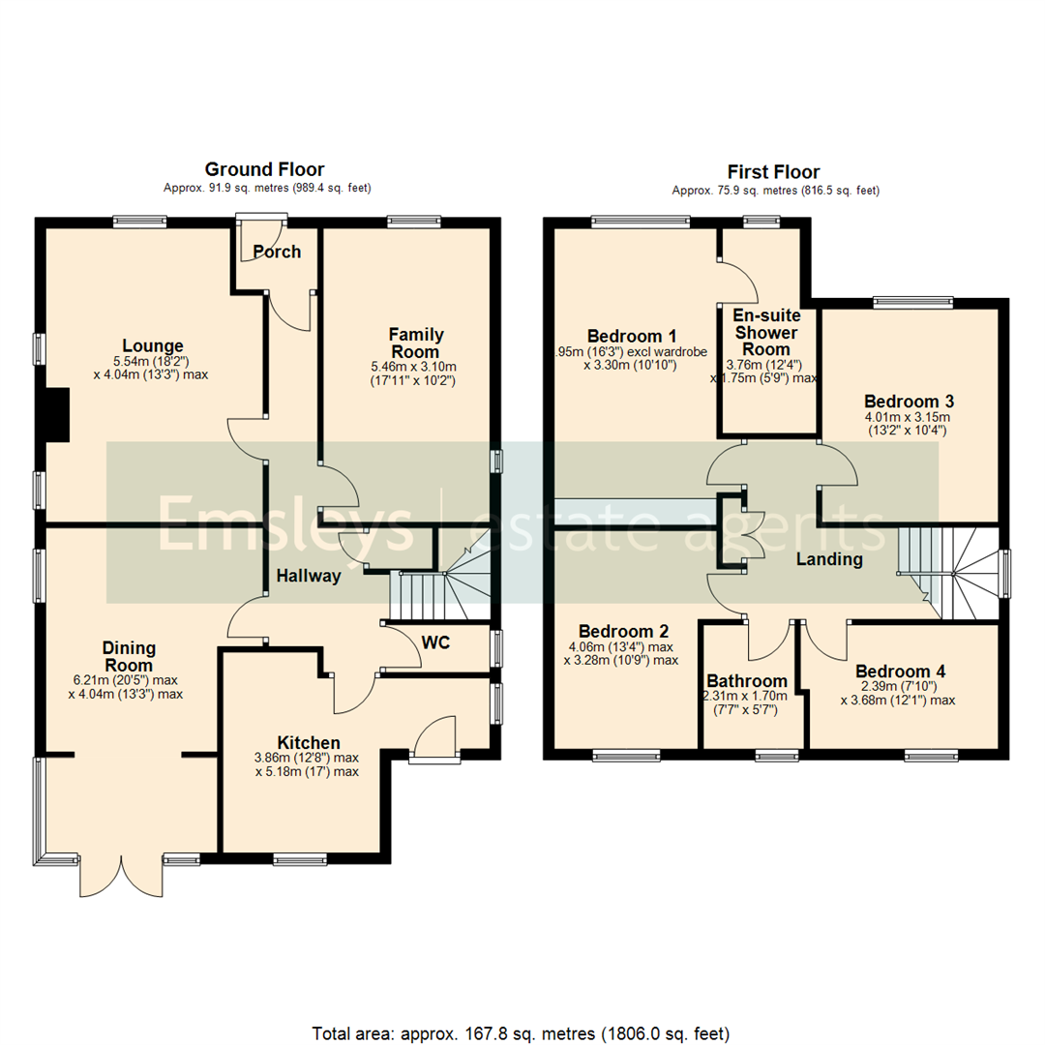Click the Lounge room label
click(153, 345)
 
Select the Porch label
click(277, 253)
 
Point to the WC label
click(434, 642)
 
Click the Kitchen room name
click(307, 742)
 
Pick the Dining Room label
click(130, 657)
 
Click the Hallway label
click(309, 576)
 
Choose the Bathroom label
click(747, 680)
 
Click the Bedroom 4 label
click(900, 672)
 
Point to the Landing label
click(829, 559)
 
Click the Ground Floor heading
click(264, 170)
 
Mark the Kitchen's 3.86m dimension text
click(306, 758)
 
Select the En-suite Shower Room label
click(764, 332)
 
